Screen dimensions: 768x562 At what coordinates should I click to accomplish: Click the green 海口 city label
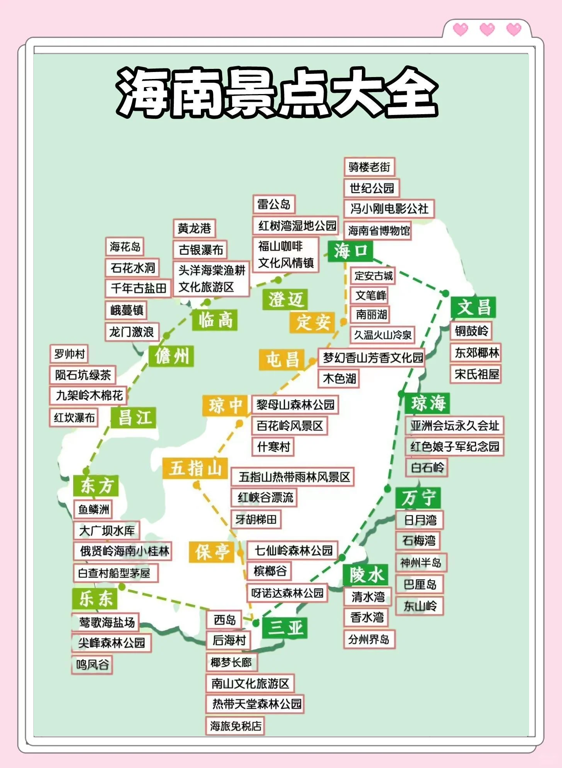[350, 251]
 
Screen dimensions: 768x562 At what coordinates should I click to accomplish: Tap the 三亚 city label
[284, 627]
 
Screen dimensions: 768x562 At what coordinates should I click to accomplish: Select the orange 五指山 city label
[195, 468]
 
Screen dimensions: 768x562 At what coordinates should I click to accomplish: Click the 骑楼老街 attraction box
[369, 167]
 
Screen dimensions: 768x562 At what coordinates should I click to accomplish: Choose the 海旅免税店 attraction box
[235, 725]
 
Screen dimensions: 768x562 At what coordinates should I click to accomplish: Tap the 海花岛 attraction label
[125, 247]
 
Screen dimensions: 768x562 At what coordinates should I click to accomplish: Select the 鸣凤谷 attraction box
[92, 665]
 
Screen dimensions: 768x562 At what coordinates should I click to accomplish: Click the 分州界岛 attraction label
[369, 639]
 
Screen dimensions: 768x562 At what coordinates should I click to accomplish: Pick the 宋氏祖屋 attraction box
[476, 374]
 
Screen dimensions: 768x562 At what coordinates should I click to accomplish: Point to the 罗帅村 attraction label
[69, 354]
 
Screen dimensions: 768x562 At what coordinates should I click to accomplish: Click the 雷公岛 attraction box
[274, 204]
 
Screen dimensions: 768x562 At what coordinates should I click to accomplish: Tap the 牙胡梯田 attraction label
[256, 519]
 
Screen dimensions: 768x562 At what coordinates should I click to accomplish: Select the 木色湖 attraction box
[339, 378]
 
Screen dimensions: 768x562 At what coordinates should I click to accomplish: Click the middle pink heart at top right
[487, 29]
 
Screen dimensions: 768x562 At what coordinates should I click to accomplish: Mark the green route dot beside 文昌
[445, 293]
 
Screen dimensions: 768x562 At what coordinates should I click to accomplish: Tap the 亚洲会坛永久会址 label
[454, 425]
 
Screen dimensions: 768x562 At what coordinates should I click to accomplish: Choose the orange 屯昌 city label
[282, 360]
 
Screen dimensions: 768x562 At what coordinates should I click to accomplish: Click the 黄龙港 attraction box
[194, 228]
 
